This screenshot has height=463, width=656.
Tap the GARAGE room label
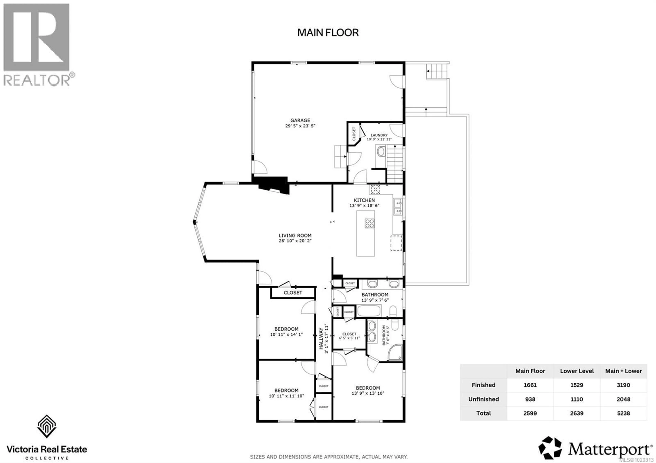click(300, 121)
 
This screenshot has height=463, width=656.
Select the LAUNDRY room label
click(379, 135)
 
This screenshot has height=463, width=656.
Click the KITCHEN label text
click(364, 200)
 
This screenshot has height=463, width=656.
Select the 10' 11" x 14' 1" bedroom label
click(286, 334)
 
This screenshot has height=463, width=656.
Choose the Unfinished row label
click(483, 399)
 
